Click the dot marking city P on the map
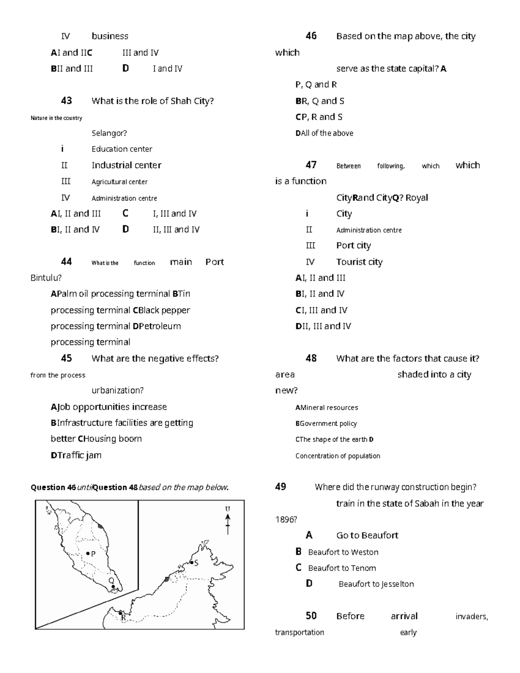coord(88,553)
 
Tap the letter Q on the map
coord(111,580)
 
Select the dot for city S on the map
coord(192,562)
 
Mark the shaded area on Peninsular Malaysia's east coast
coord(101,526)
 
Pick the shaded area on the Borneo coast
coord(166,579)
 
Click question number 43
coord(66,101)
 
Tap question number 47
coord(311,165)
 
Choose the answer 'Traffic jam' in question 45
coord(79,455)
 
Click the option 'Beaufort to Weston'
coord(343,552)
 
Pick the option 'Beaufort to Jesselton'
coord(376,584)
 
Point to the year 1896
coord(286,519)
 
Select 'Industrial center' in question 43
coord(126,165)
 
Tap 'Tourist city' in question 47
coord(359,262)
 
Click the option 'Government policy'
coord(328,423)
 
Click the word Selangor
coord(109,133)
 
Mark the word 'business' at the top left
coord(110,36)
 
